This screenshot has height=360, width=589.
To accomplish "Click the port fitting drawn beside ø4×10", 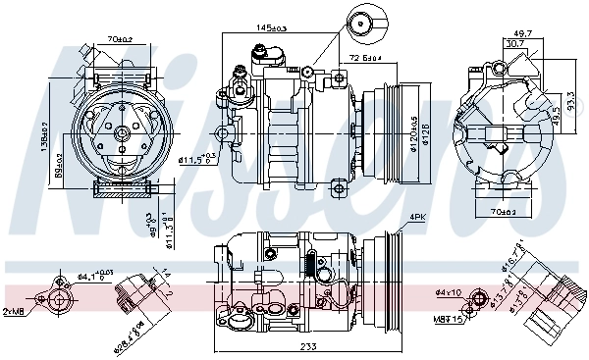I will pyautogui.click(x=480, y=298).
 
